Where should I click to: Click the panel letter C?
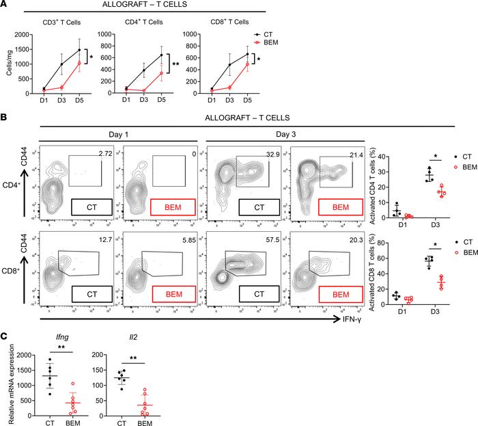click(x=5, y=337)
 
